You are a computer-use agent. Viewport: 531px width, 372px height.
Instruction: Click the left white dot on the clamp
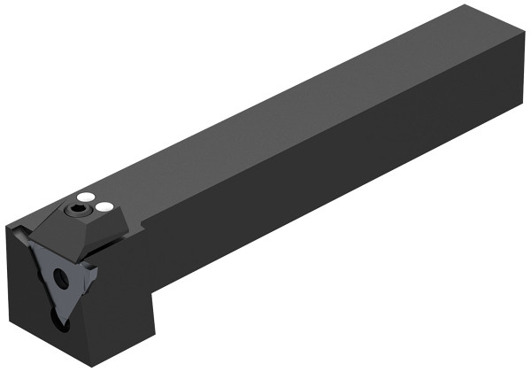coord(86,197)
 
